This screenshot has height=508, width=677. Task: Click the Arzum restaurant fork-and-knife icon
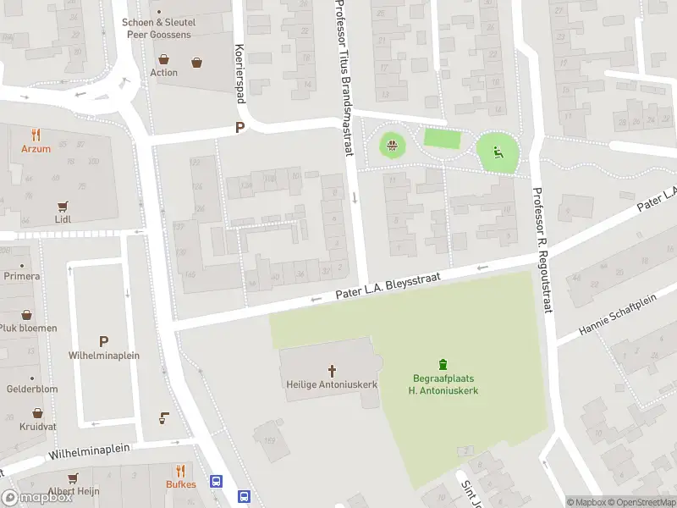click(36, 135)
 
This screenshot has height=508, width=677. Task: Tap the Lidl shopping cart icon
click(62, 206)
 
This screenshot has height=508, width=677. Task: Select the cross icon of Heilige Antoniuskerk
click(332, 370)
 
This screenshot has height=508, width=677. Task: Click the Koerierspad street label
click(240, 74)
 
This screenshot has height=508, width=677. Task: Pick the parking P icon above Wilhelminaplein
click(103, 341)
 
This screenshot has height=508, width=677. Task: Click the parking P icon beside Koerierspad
click(239, 128)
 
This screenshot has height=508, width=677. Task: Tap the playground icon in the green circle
click(498, 152)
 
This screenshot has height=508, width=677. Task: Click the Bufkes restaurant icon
click(180, 471)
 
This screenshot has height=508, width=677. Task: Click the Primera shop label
click(21, 276)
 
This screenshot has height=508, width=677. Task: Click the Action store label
click(164, 72)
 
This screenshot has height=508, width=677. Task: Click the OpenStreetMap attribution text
click(637, 502)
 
